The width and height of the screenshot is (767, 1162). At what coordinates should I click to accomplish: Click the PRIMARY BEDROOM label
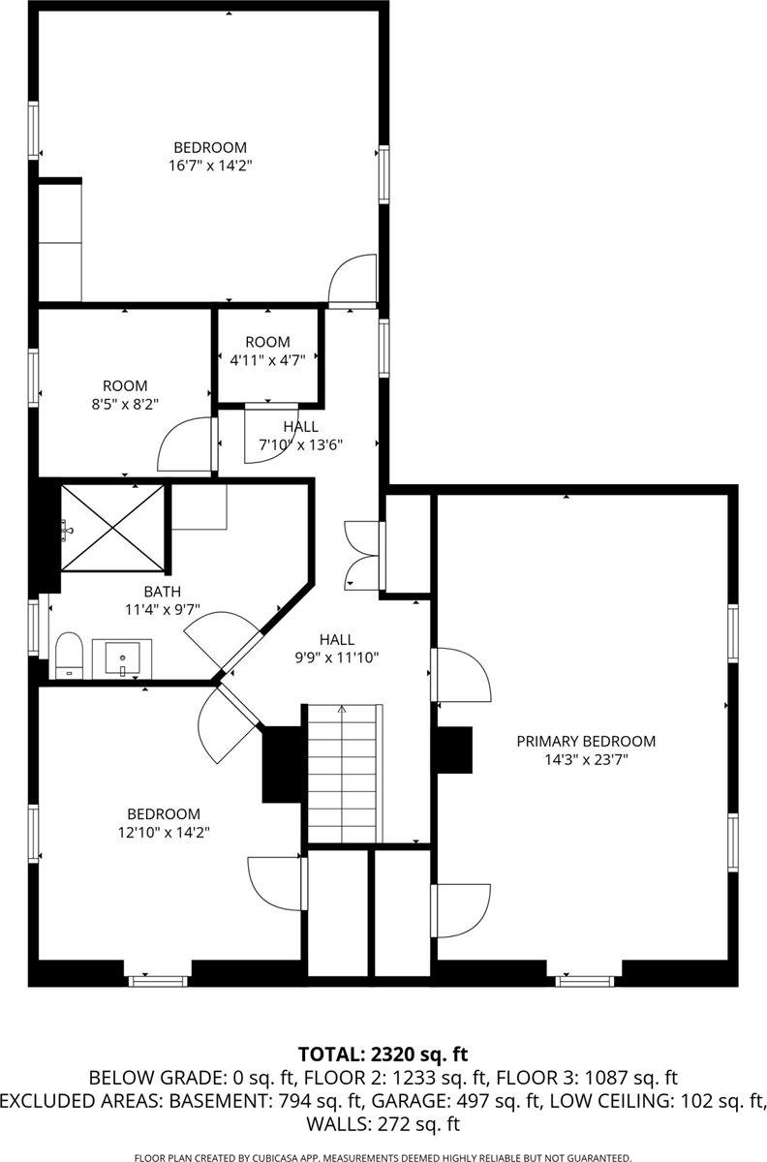[x=585, y=742]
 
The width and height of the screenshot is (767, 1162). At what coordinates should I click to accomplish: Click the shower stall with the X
[x=112, y=528]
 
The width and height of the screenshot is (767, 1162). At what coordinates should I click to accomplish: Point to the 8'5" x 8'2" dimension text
[x=126, y=403]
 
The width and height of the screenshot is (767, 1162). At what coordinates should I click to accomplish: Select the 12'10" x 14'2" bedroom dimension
[x=164, y=832]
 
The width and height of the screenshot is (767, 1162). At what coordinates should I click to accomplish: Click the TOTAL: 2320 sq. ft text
[x=383, y=1054]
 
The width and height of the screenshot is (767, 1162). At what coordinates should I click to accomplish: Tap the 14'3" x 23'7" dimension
[x=585, y=760]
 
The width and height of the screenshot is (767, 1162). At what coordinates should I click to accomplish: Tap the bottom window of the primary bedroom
[x=584, y=980]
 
